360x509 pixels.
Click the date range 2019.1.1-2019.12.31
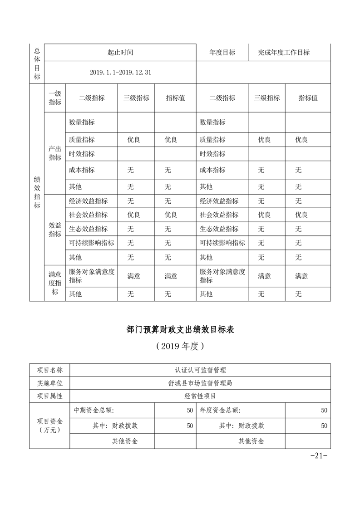[120, 73]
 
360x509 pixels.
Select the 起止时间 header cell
[120, 52]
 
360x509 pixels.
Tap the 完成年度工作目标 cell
[284, 52]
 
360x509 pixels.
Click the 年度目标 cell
[222, 52]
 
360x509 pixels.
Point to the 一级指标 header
[55, 98]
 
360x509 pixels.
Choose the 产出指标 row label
[55, 153]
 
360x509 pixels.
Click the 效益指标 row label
[55, 230]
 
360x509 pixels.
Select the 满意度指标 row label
[55, 283]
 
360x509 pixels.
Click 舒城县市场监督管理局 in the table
[200, 383]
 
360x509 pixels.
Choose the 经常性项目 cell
[200, 396]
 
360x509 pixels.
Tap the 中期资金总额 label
[94, 411]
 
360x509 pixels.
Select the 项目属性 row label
[50, 396]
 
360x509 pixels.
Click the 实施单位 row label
[50, 383]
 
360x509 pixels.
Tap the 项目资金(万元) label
[50, 426]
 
